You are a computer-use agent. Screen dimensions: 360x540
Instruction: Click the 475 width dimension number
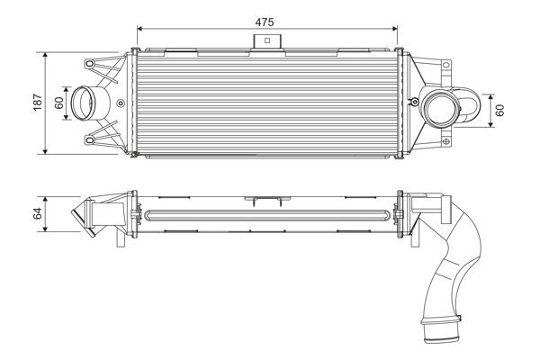tap(265, 19)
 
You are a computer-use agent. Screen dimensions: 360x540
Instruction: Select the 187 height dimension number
tap(37, 103)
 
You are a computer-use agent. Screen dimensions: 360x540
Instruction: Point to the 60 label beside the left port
tap(59, 103)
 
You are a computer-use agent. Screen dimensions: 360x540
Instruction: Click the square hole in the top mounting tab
tap(265, 40)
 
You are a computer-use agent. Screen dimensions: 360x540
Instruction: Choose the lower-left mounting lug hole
tap(90, 140)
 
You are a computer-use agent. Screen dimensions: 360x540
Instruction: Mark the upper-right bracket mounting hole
tap(445, 66)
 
